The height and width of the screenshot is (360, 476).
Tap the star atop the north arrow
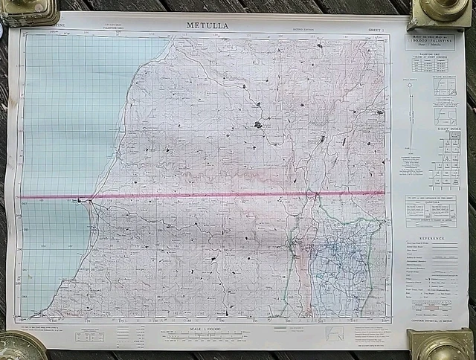click(409, 85)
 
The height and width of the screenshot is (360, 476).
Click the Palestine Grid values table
click(431, 65)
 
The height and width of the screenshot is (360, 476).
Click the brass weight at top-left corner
click(29, 10)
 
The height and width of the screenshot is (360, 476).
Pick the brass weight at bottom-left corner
click(20, 345)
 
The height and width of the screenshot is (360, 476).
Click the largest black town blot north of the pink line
click(257, 125)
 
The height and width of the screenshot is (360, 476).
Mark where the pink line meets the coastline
click(89, 199)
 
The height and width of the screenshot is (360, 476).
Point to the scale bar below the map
click(206, 337)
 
